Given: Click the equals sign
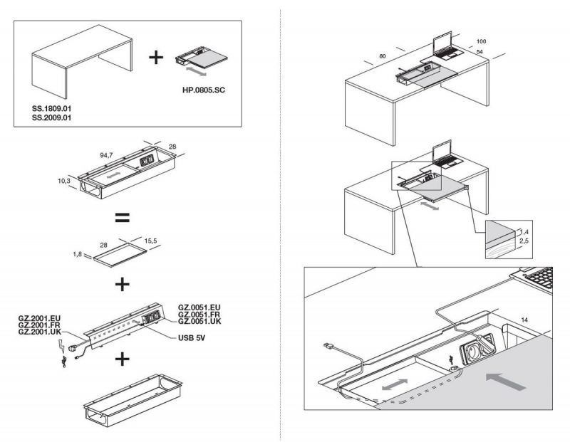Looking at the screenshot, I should tap(122, 217).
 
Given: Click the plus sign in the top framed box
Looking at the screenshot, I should tap(155, 58).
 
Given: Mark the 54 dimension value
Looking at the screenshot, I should tap(479, 52).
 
